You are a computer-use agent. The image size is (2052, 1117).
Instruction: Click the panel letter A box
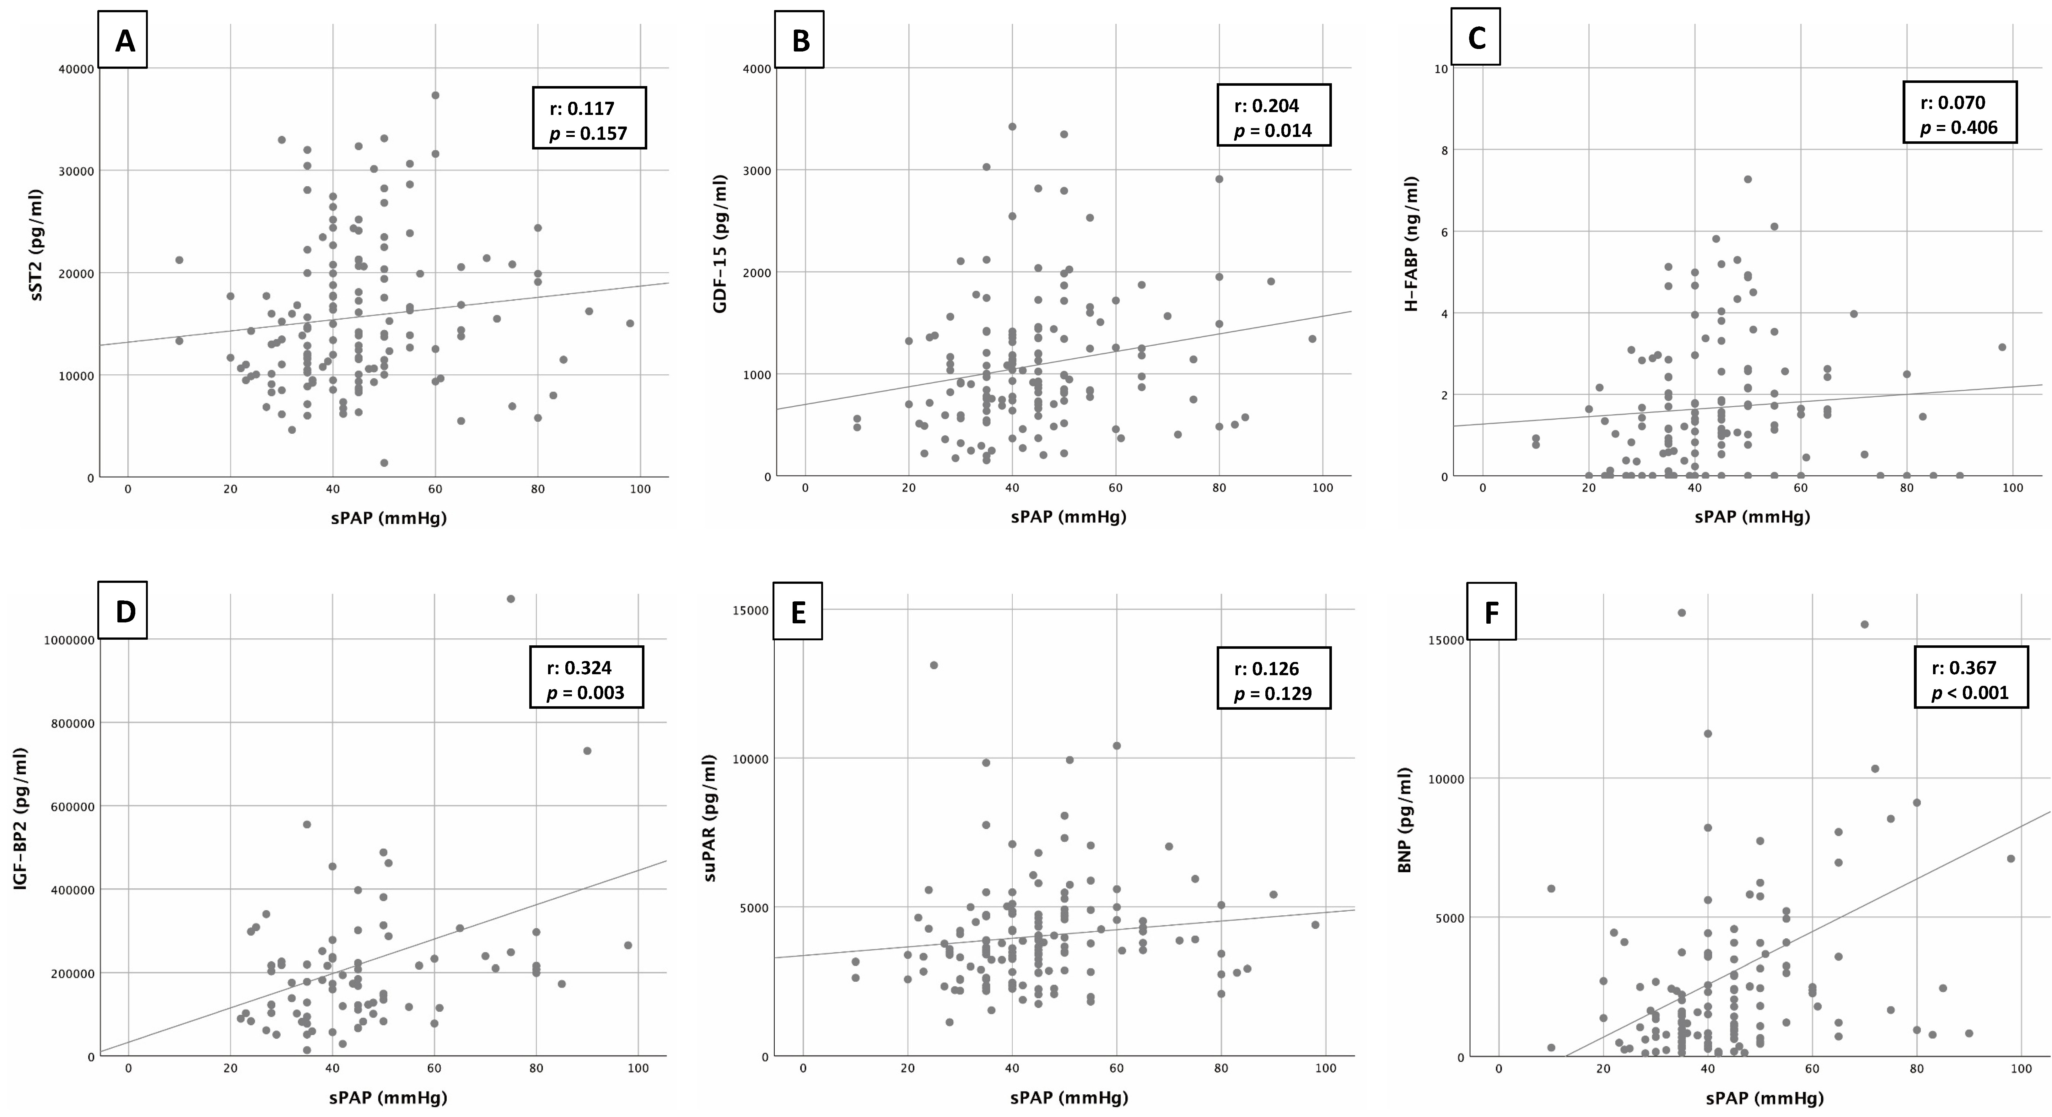pyautogui.click(x=123, y=40)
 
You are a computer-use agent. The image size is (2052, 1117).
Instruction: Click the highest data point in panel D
pyautogui.click(x=511, y=598)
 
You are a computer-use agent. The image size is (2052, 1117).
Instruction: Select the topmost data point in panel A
pyautogui.click(x=435, y=95)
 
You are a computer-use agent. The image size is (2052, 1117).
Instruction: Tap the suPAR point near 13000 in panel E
pyautogui.click(x=934, y=664)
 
